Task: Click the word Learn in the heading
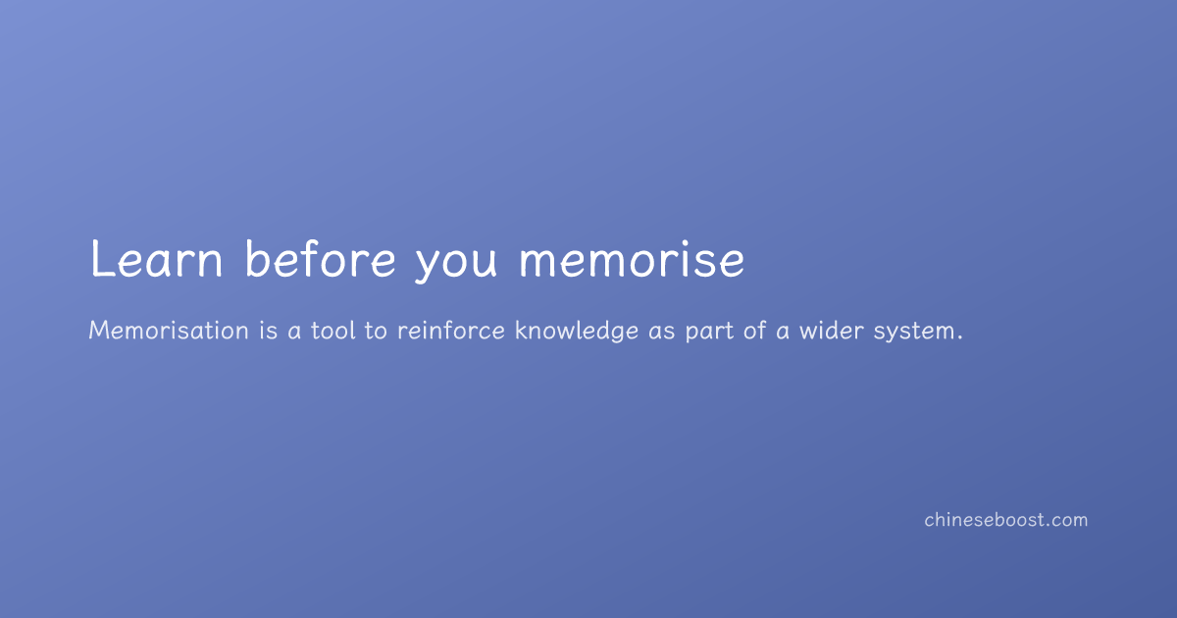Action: pos(157,258)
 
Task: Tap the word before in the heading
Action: pos(320,258)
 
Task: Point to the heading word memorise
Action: pos(632,259)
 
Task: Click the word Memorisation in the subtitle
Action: pos(169,331)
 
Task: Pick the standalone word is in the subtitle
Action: pos(269,331)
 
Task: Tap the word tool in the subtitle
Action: pos(333,331)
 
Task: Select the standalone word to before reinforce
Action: pos(376,332)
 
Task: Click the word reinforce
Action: pos(451,331)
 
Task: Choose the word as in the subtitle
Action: pos(661,333)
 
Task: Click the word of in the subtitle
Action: pos(755,331)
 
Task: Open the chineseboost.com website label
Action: pos(1005,520)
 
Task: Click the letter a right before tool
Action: pos(294,333)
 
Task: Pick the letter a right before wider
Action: pos(783,333)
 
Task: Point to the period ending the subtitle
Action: pos(960,338)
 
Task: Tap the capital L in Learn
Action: pos(101,258)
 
